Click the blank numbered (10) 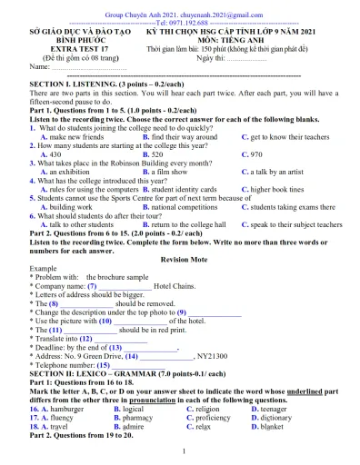click(138, 321)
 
